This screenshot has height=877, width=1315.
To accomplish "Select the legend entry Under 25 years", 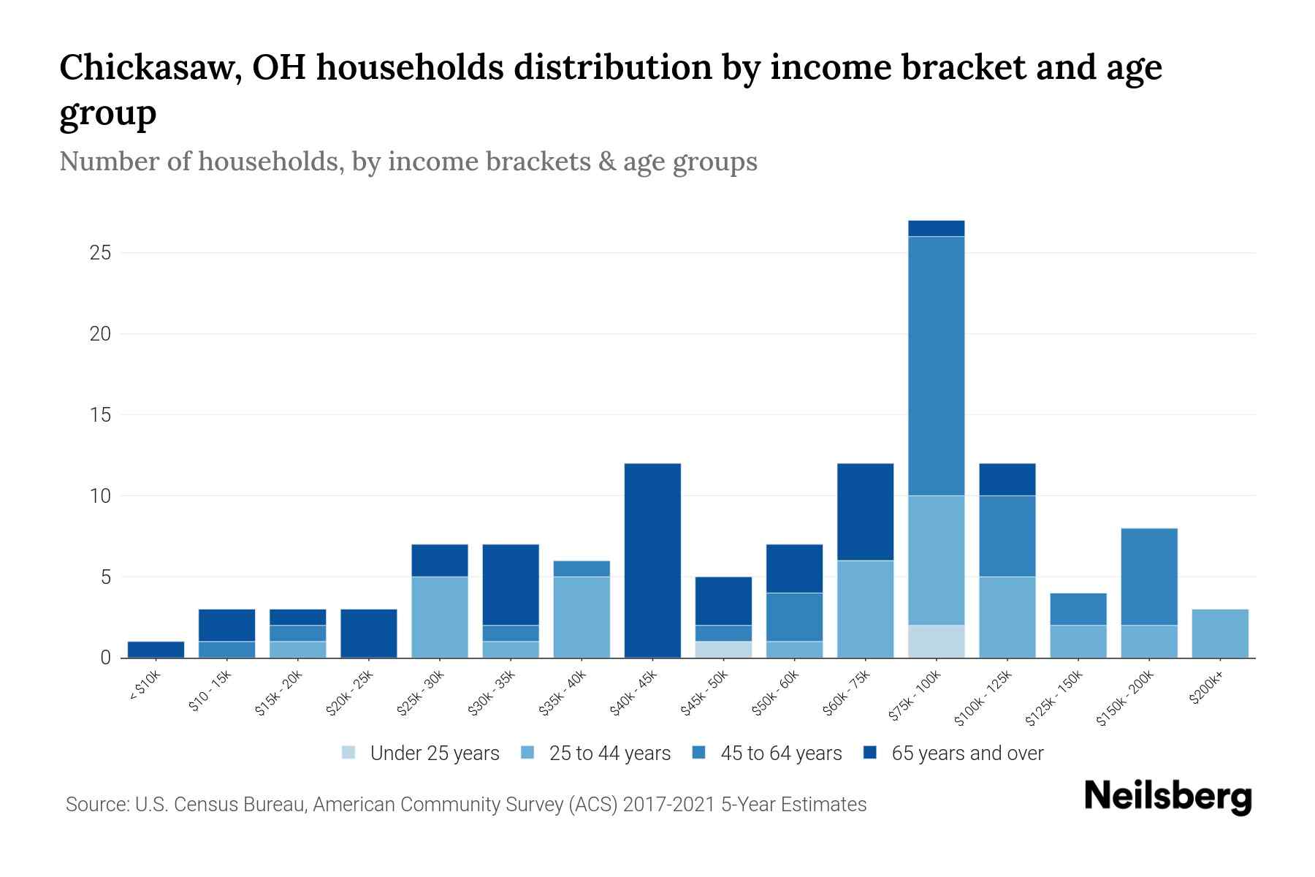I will [434, 753].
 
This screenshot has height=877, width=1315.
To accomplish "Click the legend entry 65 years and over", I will [967, 753].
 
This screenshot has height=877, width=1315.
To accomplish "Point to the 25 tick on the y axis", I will [100, 254].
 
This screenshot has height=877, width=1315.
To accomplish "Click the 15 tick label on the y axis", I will [100, 415].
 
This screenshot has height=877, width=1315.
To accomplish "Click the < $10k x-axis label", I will [145, 687].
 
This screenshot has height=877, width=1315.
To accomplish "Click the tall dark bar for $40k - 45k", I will [652, 560].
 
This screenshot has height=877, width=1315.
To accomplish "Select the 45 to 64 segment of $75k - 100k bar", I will [936, 365].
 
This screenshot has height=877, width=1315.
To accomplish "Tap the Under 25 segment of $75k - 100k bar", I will [936, 641].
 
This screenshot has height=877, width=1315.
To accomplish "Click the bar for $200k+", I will [1219, 633].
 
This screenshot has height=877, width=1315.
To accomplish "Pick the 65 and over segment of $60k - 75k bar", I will [865, 512].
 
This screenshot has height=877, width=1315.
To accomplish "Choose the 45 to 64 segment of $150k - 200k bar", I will [1148, 576].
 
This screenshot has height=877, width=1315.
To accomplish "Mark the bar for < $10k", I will [156, 649].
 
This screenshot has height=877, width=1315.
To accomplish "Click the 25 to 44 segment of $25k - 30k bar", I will [440, 617].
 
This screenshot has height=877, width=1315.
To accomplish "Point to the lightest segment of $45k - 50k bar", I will [723, 649].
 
